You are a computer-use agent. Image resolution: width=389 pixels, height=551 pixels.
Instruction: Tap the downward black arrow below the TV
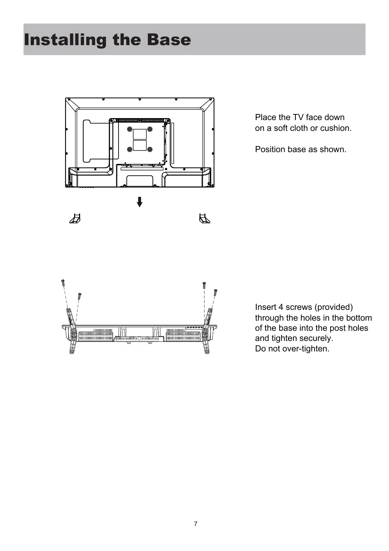[x=139, y=202]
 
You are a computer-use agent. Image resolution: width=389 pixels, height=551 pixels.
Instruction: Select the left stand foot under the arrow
[x=75, y=218]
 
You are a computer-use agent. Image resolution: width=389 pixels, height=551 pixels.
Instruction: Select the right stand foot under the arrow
[x=204, y=218]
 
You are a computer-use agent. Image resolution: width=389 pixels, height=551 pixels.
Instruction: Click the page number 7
[x=195, y=524]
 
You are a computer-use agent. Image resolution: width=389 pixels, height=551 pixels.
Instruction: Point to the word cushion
[x=337, y=128]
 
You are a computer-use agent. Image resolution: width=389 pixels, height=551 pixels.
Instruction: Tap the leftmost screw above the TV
[x=63, y=283]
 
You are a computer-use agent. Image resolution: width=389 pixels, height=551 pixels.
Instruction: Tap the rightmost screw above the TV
[x=215, y=292]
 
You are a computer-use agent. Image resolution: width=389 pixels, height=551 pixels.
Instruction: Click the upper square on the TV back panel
[x=139, y=134]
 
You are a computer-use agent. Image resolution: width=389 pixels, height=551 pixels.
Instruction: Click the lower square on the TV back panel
[x=139, y=145]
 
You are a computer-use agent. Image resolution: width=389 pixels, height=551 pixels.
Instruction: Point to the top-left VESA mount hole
[x=130, y=129]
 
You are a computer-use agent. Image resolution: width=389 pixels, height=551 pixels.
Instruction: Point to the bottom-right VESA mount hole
[x=150, y=150]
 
